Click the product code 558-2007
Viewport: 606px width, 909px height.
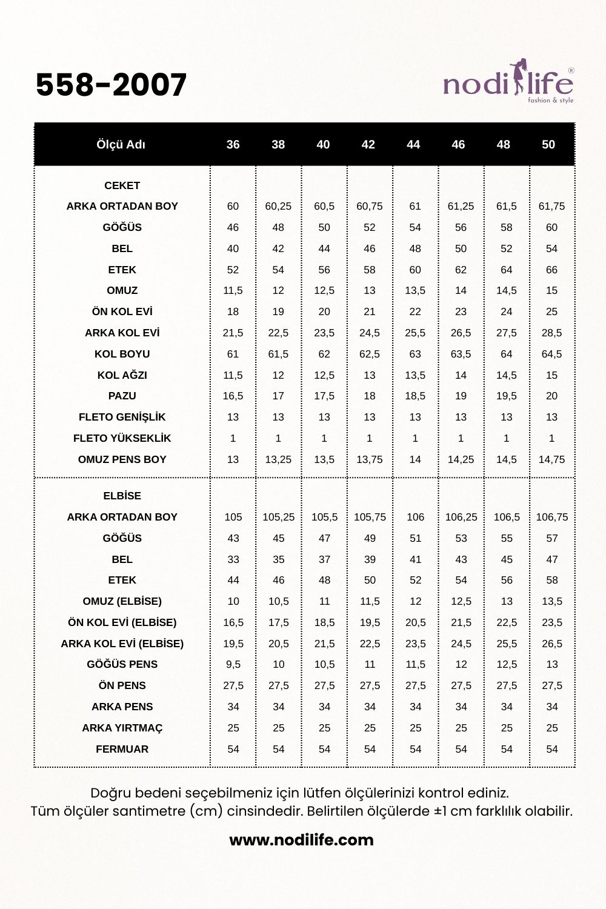click(x=111, y=85)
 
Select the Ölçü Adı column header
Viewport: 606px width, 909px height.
click(x=121, y=144)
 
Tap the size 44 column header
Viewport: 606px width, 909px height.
click(x=413, y=144)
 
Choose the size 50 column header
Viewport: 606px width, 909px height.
click(x=548, y=144)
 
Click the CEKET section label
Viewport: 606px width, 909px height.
click(x=122, y=185)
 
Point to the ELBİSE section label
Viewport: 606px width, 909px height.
click(x=122, y=496)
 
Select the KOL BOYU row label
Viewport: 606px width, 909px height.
click(x=122, y=354)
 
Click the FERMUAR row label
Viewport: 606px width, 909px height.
click(x=122, y=749)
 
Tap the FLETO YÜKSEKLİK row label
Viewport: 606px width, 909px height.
click(x=122, y=438)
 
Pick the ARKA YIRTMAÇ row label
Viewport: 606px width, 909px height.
click(x=122, y=728)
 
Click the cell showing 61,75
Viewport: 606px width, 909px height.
click(x=551, y=206)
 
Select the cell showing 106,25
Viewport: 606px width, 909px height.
click(x=461, y=517)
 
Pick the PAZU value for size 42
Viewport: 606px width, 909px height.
click(x=370, y=396)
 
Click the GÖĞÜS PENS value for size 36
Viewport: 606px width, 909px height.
click(x=233, y=664)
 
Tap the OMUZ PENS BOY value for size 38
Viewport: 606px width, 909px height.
click(x=278, y=459)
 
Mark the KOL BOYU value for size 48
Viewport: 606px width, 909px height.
click(x=507, y=354)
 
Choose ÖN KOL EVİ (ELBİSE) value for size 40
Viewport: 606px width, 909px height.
click(x=324, y=622)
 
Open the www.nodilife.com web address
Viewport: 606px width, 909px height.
click(x=301, y=840)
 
